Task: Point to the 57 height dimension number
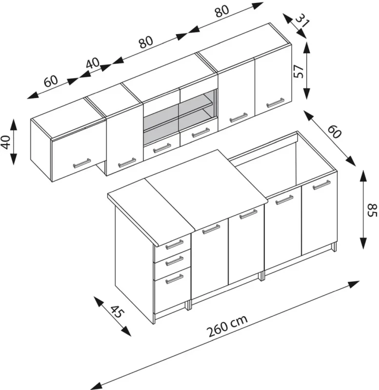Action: click(x=299, y=71)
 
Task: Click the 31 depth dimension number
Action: click(x=303, y=22)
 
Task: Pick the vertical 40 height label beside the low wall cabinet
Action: click(x=6, y=142)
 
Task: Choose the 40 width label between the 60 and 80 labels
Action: click(x=93, y=64)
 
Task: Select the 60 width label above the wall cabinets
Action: click(x=50, y=80)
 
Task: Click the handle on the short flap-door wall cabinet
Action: click(x=81, y=163)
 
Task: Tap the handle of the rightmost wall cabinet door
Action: click(x=275, y=103)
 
